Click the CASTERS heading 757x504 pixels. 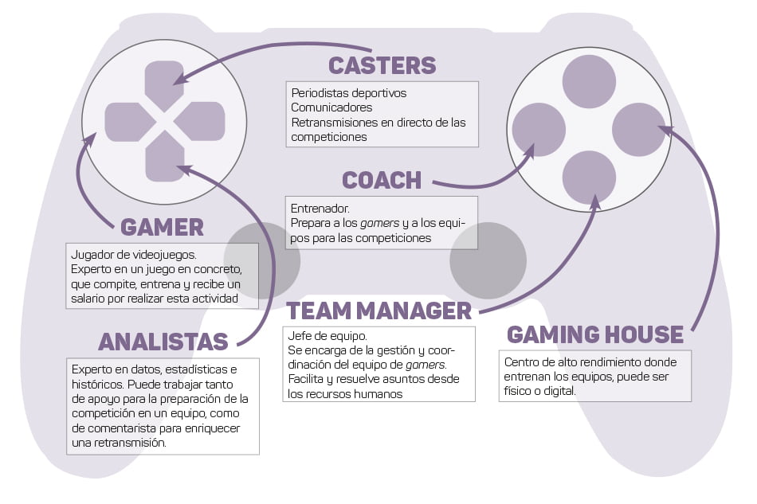[x=382, y=65]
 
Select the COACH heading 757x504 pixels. [x=382, y=180]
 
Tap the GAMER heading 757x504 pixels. [x=163, y=227]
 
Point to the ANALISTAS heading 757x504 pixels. [x=163, y=342]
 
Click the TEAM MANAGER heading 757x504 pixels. [x=379, y=311]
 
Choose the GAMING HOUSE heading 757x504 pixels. [x=595, y=334]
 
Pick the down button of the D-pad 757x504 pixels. [x=165, y=157]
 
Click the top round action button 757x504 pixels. [x=589, y=81]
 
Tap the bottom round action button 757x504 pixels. [x=589, y=177]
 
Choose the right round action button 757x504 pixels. [x=638, y=129]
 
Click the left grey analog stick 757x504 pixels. [x=262, y=260]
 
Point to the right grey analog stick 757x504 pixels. [x=488, y=260]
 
